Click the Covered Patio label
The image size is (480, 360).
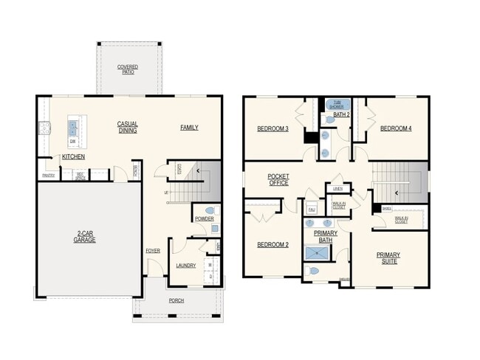tap(128, 69)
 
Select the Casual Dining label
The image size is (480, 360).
tap(128, 127)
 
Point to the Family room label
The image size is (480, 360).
tap(189, 128)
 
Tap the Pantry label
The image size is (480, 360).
tap(49, 176)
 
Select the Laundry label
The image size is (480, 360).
tap(185, 266)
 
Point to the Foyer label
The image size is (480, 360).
tap(153, 251)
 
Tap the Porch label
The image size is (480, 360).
tap(176, 301)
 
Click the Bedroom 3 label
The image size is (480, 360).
tap(272, 129)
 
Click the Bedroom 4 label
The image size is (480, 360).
tap(396, 129)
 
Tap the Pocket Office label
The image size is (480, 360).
tap(278, 180)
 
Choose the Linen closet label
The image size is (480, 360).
tap(337, 190)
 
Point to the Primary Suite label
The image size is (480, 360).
tap(388, 257)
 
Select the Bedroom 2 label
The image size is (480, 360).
tap(272, 245)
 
